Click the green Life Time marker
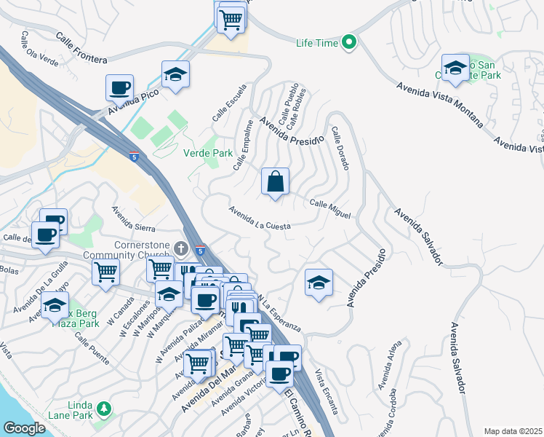[349, 43]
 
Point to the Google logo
[24, 428]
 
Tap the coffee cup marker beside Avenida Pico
[120, 89]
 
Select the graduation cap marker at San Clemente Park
[455, 68]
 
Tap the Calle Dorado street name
[340, 149]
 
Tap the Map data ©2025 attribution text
[513, 431]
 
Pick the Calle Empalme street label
[244, 146]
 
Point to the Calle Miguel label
[330, 209]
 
